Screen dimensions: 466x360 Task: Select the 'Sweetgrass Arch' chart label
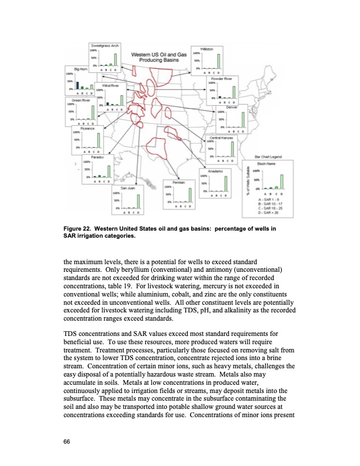pos(105,45)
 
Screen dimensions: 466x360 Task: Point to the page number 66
pos(66,442)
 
